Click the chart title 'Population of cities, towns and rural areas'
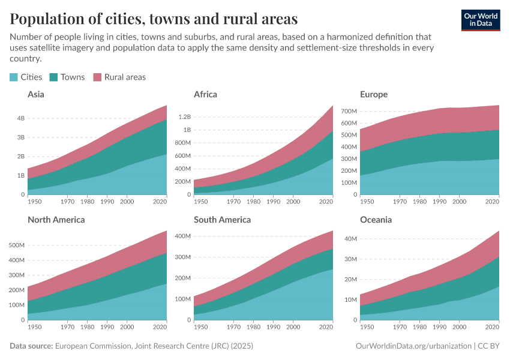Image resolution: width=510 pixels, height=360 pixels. (154, 19)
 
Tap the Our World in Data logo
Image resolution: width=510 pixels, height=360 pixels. (481, 19)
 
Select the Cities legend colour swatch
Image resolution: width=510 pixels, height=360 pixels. (14, 77)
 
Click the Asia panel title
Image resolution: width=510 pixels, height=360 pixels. (36, 94)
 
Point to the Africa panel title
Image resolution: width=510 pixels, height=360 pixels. (205, 94)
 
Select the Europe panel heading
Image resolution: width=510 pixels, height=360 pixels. (374, 94)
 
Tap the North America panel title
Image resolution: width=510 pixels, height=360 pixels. (56, 220)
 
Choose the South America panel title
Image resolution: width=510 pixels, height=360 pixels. (222, 220)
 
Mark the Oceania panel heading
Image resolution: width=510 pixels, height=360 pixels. (376, 220)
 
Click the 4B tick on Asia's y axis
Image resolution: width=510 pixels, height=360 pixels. (21, 118)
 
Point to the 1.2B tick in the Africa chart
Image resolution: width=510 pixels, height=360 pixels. (183, 116)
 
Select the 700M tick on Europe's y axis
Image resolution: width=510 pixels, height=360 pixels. (349, 111)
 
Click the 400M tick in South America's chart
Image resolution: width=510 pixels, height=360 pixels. (182, 236)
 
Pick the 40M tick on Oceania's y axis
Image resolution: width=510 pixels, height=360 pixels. (350, 239)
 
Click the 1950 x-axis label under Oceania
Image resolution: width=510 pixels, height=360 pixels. (367, 327)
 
